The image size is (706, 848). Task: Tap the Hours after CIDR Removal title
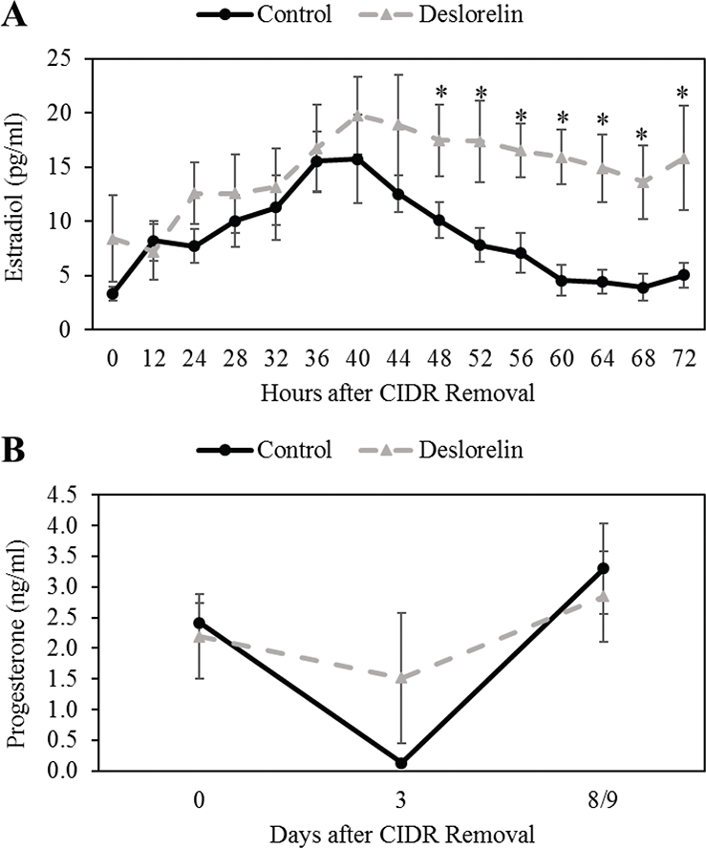[396, 392]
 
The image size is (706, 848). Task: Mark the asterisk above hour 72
[682, 94]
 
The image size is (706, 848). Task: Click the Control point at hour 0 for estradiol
[113, 293]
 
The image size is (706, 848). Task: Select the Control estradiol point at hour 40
[357, 159]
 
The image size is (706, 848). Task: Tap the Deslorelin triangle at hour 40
[357, 116]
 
